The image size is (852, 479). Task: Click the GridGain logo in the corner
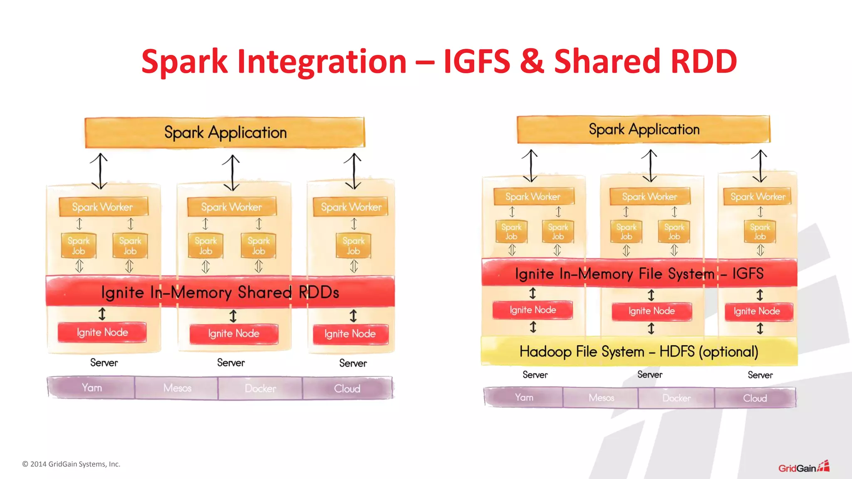point(803,467)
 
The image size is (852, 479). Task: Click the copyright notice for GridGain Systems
point(71,464)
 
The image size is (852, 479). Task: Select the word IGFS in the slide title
point(476,62)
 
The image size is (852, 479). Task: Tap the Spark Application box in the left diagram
point(225,133)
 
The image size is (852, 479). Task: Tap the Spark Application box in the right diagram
point(644,129)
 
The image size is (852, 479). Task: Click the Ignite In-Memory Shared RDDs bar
point(220,292)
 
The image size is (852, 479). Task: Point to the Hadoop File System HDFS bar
point(639,352)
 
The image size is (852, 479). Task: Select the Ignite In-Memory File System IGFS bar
point(639,273)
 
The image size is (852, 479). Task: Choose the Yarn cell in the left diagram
point(92,388)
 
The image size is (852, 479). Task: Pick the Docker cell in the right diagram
point(676,398)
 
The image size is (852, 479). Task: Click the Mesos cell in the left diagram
point(177,388)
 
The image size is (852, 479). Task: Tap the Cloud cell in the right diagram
point(755,398)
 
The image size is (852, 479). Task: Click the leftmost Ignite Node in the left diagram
point(102,332)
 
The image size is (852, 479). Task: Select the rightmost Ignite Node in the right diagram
point(757,311)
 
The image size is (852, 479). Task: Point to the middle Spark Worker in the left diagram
point(231,207)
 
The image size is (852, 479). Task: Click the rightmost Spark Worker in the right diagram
point(758,196)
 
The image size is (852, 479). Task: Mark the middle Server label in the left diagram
point(231,363)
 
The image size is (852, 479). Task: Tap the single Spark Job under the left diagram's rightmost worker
point(353,246)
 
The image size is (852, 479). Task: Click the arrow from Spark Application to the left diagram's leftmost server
point(99,171)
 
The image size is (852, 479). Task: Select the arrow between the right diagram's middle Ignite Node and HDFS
point(651,328)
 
